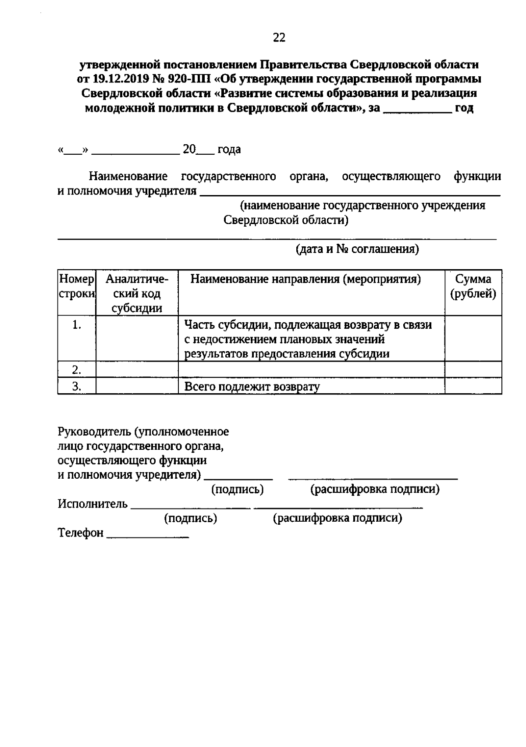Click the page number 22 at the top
pos(279,38)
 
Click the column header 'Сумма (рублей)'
pos(473,286)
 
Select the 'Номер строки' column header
pos(77,286)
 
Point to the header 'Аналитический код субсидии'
pos(137,293)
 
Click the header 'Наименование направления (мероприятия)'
pos(306,279)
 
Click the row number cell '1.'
pos(77,325)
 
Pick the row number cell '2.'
pos(77,370)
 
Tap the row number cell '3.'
pos(77,386)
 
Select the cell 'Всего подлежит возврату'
pos(252,387)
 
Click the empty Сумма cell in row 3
pos(473,386)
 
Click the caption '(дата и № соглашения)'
pos(357,249)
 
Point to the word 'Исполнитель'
pos(92,504)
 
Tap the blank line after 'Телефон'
pos(148,537)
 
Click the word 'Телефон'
pos(81,533)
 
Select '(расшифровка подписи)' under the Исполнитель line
pos(338,519)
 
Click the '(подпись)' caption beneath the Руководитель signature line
pos(238,490)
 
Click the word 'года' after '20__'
pos(229,149)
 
